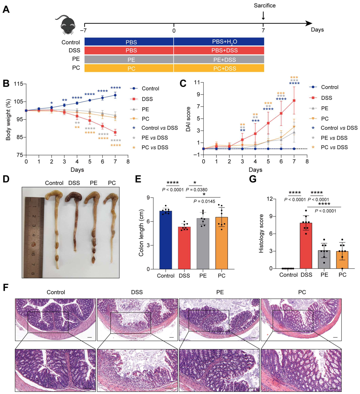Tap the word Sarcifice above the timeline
[x=264, y=6]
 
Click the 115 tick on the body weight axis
[x=18, y=84]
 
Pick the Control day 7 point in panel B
[x=115, y=95]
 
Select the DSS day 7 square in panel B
[x=115, y=132]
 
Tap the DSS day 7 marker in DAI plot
[x=294, y=101]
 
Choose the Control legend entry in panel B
[x=144, y=88]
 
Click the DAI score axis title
[x=188, y=119]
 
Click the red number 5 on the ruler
[x=33, y=245]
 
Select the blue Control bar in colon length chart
[x=166, y=240]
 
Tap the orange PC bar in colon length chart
[x=221, y=243]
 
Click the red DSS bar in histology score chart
[x=306, y=245]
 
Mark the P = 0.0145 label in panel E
[x=204, y=201]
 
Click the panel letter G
[x=253, y=179]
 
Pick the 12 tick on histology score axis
[x=270, y=199]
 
